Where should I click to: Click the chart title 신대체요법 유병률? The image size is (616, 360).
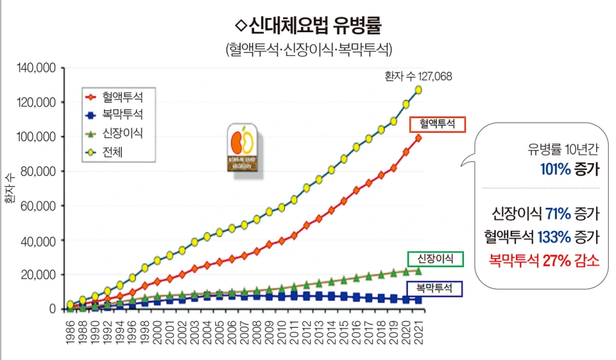tap(308, 27)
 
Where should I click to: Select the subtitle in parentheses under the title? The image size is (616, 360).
tap(308, 49)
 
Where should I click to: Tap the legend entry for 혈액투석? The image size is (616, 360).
tap(122, 95)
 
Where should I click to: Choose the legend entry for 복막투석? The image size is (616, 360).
tap(122, 114)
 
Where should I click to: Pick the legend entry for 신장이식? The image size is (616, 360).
tap(122, 132)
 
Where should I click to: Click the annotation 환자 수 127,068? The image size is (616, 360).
tap(418, 76)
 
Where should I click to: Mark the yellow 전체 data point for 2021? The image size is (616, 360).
tap(418, 90)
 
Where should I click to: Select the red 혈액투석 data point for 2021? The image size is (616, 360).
tap(418, 138)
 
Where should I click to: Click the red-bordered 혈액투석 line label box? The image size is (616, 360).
tap(437, 124)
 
